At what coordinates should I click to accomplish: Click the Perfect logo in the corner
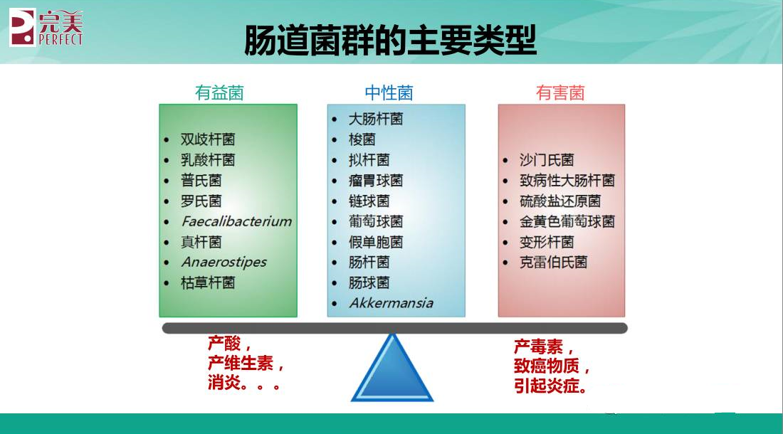tap(46, 27)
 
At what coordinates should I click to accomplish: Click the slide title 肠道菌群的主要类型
tap(390, 40)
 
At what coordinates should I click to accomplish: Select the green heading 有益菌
tap(219, 93)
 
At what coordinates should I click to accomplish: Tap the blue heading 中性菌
tap(389, 93)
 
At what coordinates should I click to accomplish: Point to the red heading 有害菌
tap(560, 93)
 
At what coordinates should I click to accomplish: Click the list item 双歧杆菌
tap(207, 139)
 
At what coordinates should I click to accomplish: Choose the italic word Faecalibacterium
tap(236, 221)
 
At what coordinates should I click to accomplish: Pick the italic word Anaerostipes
tap(224, 262)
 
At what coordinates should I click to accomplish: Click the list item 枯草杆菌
tap(207, 282)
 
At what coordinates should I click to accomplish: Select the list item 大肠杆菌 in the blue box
tap(375, 119)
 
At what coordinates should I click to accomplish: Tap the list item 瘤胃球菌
tap(375, 180)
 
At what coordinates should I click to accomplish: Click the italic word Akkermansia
tap(391, 303)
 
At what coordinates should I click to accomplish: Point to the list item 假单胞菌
tap(375, 242)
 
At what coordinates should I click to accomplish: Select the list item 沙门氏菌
tap(546, 160)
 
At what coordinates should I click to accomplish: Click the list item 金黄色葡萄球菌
tap(567, 221)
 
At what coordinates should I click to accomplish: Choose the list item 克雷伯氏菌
tap(553, 262)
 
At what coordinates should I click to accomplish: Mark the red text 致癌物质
tap(546, 368)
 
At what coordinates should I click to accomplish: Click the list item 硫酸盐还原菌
tap(559, 201)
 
